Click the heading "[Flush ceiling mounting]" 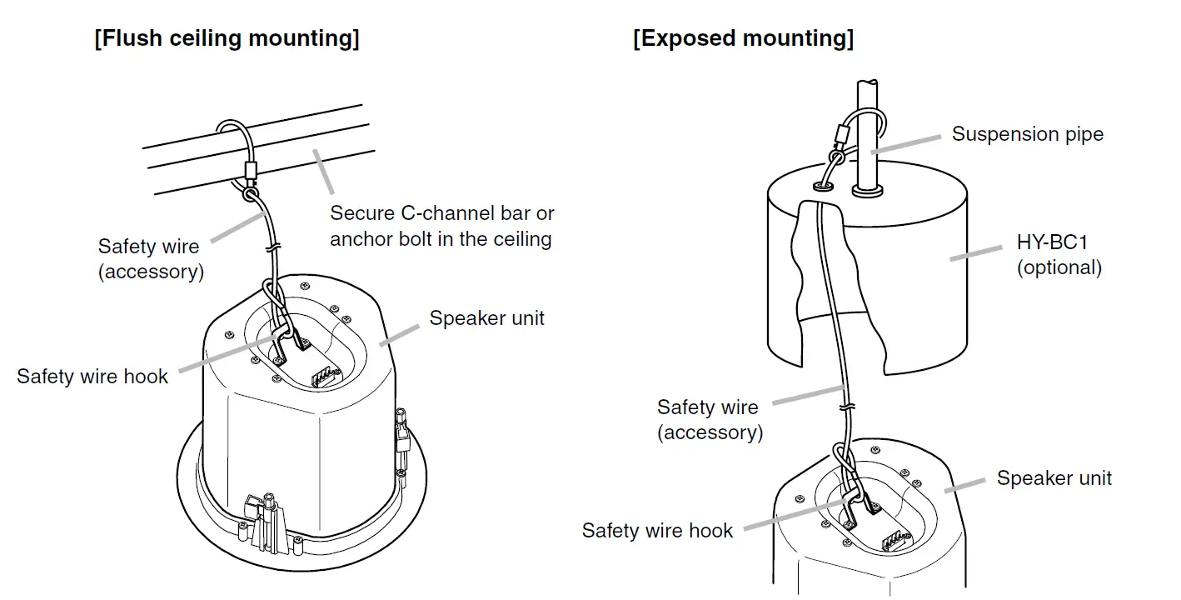227,38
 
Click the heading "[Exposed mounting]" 743,38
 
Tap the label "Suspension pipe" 1027,134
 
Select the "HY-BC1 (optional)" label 1059,255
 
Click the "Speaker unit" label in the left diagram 486,317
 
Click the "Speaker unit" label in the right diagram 1054,478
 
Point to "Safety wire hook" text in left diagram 92,376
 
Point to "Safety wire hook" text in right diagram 657,530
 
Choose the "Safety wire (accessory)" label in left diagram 150,258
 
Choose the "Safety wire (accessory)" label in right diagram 709,419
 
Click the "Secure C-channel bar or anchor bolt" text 441,226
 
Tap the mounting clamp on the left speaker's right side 402,437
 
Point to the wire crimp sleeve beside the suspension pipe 840,133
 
